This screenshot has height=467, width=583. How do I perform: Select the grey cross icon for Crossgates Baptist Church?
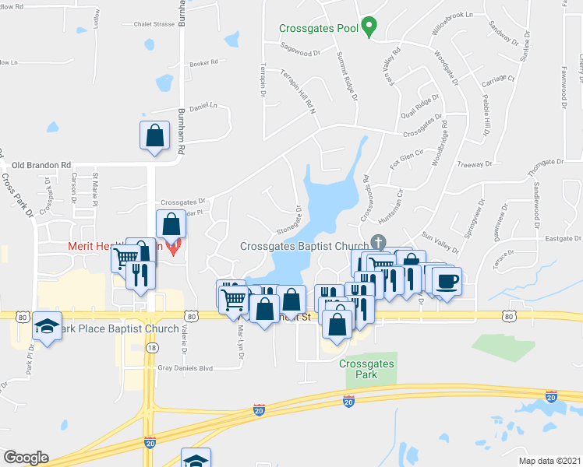tap(379, 241)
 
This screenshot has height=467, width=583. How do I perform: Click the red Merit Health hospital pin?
tap(175, 247)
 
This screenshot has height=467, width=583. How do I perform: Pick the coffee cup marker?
tap(447, 282)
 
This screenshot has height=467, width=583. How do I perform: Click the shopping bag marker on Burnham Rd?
tap(154, 135)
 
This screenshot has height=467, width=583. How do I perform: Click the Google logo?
tap(26, 458)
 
